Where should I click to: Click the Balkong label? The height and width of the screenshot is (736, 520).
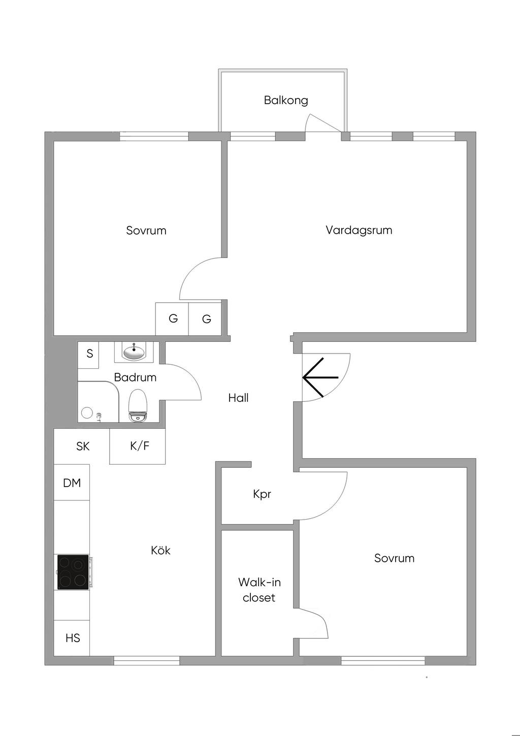point(286,100)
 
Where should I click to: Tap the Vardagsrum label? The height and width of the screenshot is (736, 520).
point(359,230)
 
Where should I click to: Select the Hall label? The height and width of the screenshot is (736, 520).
point(238,398)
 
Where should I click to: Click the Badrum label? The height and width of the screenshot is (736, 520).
point(135,377)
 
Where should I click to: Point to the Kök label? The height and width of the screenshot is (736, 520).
point(160,550)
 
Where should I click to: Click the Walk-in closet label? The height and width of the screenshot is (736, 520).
point(259,590)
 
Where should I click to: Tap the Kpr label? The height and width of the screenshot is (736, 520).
point(262,494)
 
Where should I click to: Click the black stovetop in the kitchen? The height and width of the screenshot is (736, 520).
point(73,572)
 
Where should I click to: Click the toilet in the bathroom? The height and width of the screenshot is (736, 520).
point(138,405)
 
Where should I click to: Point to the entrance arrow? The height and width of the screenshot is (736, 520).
point(320,377)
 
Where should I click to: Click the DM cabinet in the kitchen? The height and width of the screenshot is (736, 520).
point(72,483)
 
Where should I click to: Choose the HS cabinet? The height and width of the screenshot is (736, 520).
point(72,637)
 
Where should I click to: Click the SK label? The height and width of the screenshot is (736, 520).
point(83,446)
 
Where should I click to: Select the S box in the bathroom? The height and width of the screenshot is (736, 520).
point(89,353)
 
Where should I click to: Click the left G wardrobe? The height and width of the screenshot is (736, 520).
point(173,319)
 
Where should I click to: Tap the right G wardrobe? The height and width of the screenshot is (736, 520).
point(206,319)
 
